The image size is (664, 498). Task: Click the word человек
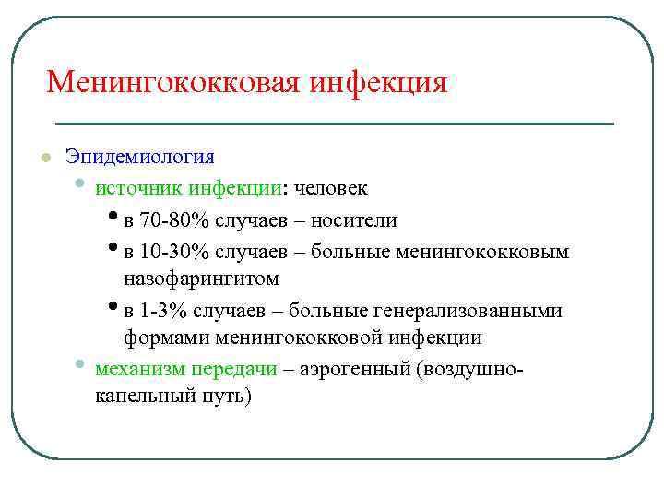pos(330,188)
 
